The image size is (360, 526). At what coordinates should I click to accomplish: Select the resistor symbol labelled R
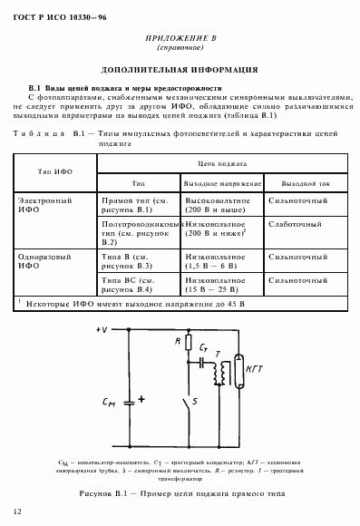point(190,346)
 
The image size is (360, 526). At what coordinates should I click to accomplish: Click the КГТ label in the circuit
point(257,370)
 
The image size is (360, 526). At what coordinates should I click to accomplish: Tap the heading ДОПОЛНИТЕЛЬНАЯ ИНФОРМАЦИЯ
point(181,69)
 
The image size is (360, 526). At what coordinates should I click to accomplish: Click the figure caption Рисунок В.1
point(181,492)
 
